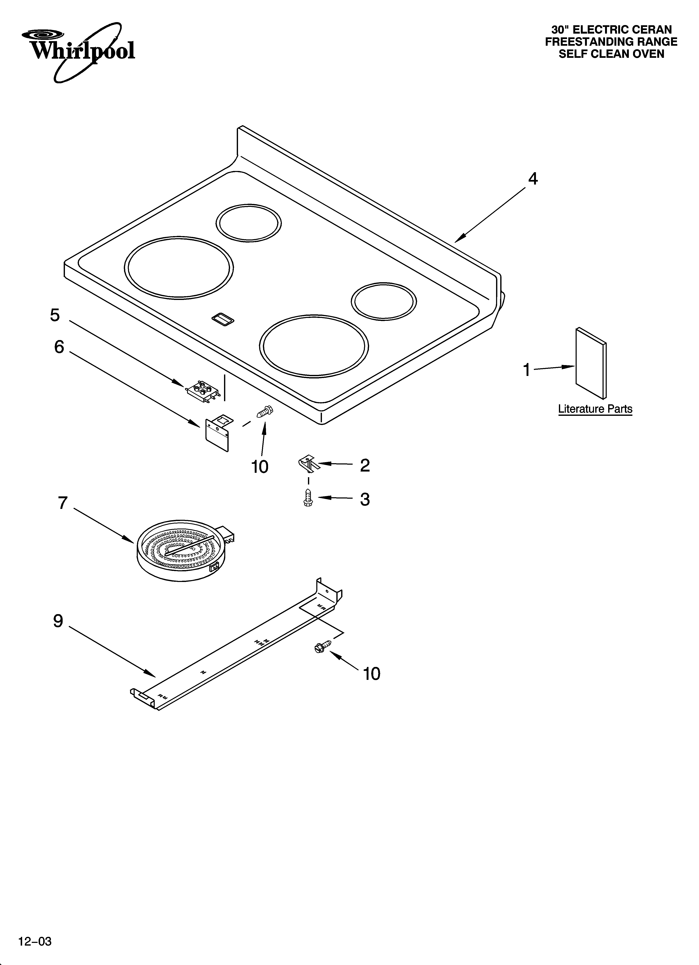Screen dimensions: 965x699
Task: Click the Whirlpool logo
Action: (x=79, y=51)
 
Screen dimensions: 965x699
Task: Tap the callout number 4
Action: (x=533, y=179)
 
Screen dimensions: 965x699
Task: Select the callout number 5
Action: (x=55, y=315)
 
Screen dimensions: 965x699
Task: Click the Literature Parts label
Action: (x=595, y=409)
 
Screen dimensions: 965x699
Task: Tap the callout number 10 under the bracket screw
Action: (x=260, y=467)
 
